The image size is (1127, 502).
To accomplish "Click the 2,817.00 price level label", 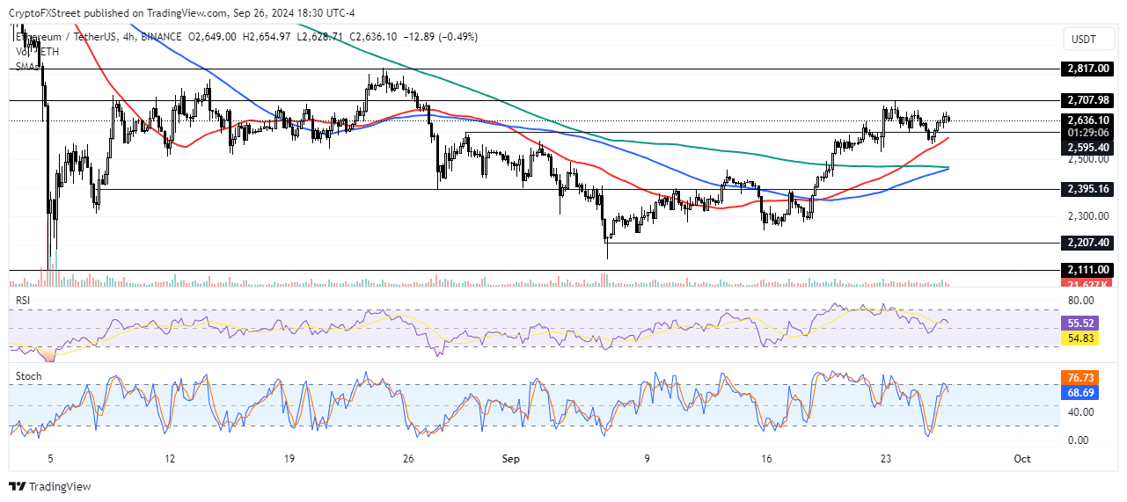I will [1090, 68].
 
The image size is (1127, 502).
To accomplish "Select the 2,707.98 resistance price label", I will [1090, 100].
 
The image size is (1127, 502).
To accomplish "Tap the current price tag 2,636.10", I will [1090, 120].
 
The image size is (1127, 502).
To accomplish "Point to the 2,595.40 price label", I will [1090, 148].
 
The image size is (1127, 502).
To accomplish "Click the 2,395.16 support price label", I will [1090, 189].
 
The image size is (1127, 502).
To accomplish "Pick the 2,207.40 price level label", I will [1090, 243].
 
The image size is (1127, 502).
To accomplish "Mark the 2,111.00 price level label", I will [1090, 271].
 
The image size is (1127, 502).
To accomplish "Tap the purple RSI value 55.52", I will [1090, 323].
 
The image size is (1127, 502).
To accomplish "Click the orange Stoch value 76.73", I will [1090, 377].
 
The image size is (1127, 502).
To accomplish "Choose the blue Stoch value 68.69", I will [1090, 391].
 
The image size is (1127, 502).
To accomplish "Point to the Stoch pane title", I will [28, 376].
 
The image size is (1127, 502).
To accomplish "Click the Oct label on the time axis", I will [1021, 459].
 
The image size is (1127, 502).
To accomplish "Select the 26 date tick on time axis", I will [408, 459].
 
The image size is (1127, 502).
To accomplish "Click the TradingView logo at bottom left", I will [50, 486].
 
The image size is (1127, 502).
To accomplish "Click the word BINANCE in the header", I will [158, 36].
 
